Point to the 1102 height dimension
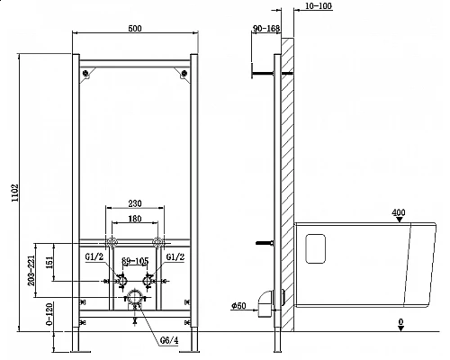pyautogui.click(x=13, y=197)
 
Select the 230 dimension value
pyautogui.click(x=134, y=203)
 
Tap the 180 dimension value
pyautogui.click(x=134, y=218)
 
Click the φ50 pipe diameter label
pyautogui.click(x=238, y=307)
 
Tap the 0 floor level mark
pyautogui.click(x=398, y=320)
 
